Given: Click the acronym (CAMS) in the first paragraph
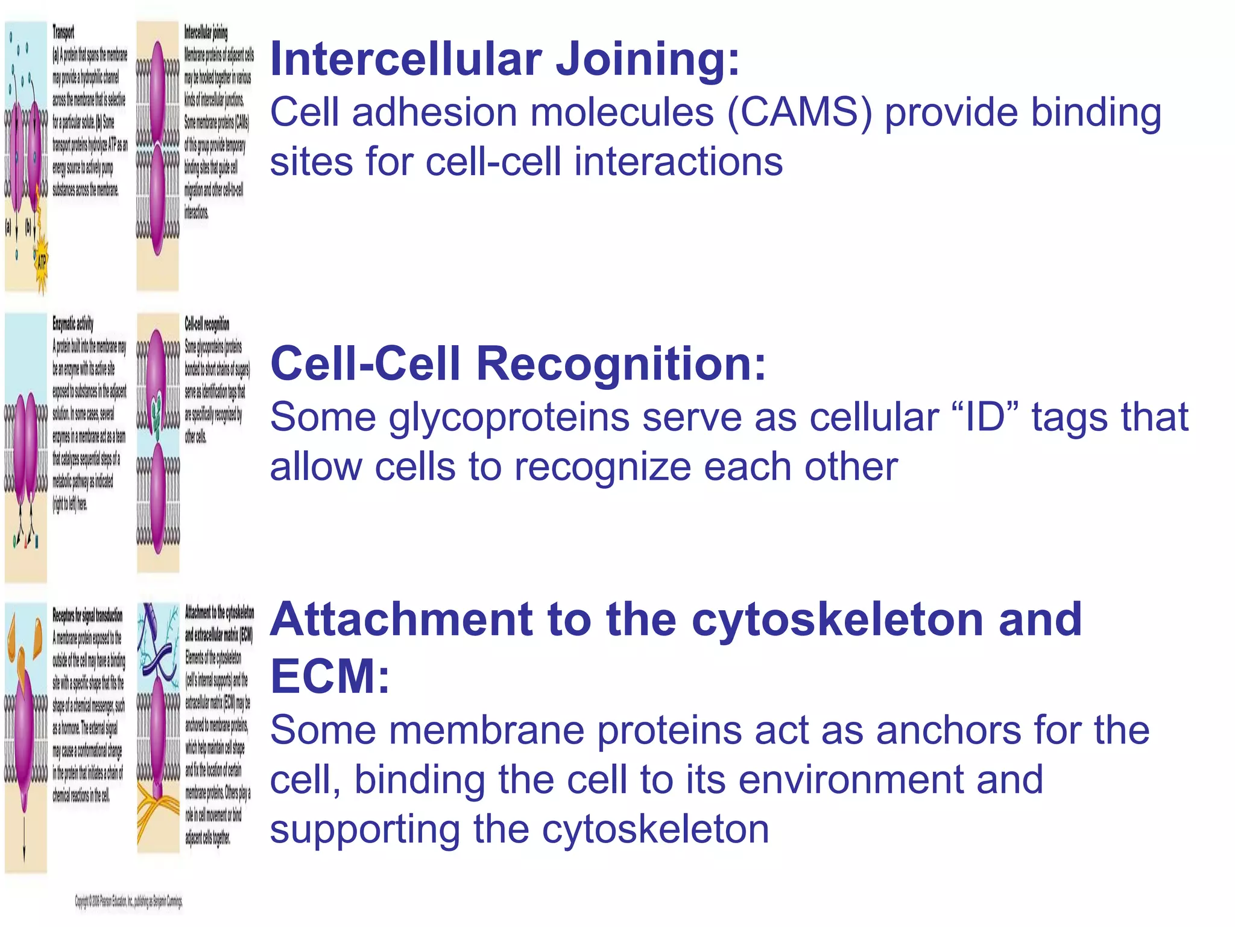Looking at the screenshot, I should [799, 113].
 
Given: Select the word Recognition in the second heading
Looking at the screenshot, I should [621, 365].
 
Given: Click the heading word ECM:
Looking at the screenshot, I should [329, 676].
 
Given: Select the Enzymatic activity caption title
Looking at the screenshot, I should [73, 324].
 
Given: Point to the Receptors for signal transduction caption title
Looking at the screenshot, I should [87, 616].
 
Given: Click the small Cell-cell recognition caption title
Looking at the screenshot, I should [207, 324].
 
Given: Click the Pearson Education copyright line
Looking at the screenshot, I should [128, 902].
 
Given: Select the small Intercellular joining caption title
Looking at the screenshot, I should [206, 33].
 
